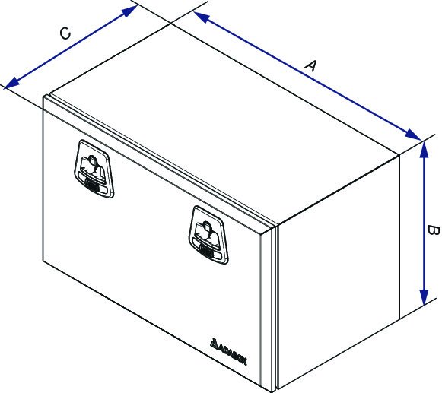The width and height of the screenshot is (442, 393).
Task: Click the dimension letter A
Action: (x=311, y=65)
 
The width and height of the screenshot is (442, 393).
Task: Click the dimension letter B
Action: (x=434, y=230)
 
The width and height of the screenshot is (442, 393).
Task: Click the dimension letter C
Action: (x=65, y=33)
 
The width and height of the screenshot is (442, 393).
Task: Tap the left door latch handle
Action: (x=94, y=169)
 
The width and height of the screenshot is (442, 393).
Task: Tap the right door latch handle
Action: (x=208, y=235)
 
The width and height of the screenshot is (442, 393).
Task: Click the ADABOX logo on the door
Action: (x=228, y=350)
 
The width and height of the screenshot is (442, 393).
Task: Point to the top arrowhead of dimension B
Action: (x=424, y=149)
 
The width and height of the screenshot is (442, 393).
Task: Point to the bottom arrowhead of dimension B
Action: (x=424, y=297)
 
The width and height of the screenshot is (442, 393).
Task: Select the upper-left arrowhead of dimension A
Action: (x=202, y=17)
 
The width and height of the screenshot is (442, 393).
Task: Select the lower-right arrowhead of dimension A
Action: (x=412, y=134)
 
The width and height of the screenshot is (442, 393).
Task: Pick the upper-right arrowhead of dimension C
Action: (x=129, y=11)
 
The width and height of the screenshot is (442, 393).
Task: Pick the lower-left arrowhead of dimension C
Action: (x=12, y=82)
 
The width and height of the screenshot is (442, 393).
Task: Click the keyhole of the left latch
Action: (x=92, y=160)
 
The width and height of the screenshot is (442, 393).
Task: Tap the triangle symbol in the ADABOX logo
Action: (x=214, y=342)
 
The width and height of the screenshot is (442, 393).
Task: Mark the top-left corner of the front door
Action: (x=43, y=96)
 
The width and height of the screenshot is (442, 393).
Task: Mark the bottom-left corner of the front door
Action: (x=43, y=261)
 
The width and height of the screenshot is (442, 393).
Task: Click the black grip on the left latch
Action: (x=91, y=185)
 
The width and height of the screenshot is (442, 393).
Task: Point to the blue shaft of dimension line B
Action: (x=424, y=223)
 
